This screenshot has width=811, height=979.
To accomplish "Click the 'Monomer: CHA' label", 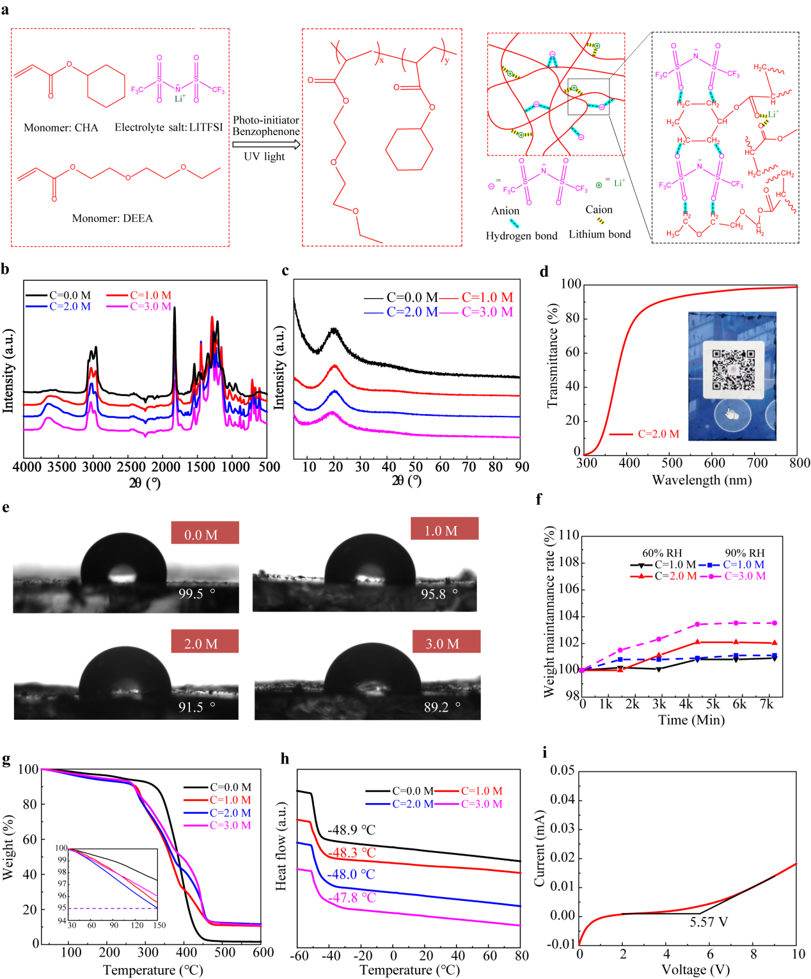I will [x=61, y=128].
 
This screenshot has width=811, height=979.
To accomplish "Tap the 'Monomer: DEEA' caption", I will [x=113, y=219].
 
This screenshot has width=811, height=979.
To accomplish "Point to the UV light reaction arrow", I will [x=266, y=145].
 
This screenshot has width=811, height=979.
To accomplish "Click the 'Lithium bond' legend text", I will [x=599, y=234].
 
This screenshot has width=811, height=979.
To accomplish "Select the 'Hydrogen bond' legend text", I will [x=521, y=236].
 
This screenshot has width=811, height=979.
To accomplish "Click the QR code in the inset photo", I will [x=733, y=370].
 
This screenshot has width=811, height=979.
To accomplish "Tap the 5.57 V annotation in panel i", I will [x=709, y=922].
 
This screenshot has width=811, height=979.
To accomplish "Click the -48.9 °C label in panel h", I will [x=351, y=830].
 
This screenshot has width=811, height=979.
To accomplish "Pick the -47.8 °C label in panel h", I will [x=351, y=898].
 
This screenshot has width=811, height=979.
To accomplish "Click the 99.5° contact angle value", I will [x=196, y=594].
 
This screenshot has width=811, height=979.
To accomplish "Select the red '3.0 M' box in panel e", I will [x=443, y=643].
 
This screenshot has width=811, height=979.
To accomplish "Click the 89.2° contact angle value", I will [x=441, y=707].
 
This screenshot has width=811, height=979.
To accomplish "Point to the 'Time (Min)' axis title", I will [x=691, y=720].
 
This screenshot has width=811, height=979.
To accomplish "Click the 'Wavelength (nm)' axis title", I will [x=702, y=480].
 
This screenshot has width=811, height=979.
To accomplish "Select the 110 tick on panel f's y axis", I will [x=569, y=535].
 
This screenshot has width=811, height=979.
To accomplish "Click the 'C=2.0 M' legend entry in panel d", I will [x=658, y=434].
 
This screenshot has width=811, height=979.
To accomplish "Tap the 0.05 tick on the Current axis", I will [x=562, y=770].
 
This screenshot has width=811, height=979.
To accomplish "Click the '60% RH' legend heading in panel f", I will [x=662, y=553].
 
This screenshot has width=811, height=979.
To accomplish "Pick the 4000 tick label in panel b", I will [x=27, y=467].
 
